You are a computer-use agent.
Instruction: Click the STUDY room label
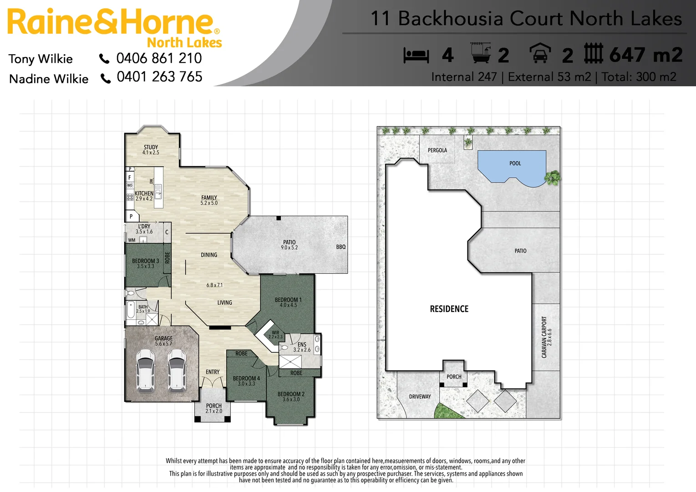point(151,148)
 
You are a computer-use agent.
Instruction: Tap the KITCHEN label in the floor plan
point(144,194)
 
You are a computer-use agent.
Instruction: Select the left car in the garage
point(145,370)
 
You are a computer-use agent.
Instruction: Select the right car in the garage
point(177,370)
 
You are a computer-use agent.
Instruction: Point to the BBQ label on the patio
point(341,247)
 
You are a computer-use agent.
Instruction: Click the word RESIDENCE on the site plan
point(449,309)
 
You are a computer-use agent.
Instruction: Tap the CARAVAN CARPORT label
point(544,337)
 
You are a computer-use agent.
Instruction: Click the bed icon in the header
point(416,56)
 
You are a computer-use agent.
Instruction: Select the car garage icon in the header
point(540,53)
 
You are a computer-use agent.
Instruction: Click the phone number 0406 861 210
point(159,58)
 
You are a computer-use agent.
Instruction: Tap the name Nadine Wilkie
point(49,79)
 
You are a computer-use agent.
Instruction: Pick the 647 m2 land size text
point(645,55)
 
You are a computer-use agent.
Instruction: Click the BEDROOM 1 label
point(288,300)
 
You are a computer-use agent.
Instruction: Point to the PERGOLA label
point(437,150)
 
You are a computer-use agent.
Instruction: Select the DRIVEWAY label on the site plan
point(420,397)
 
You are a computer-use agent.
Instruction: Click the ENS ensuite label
point(302,344)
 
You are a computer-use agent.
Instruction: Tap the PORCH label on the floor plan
point(213,406)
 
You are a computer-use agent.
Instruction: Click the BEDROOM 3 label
point(145,261)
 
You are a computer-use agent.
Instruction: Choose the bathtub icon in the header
point(481,53)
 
